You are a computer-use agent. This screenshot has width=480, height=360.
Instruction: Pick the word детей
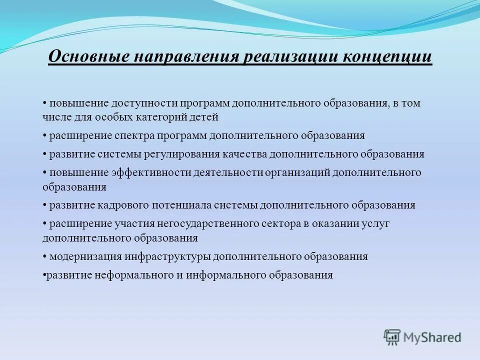[204, 117]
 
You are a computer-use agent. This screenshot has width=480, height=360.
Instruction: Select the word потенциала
[175, 205]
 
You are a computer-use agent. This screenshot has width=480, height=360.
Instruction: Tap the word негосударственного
[210, 223]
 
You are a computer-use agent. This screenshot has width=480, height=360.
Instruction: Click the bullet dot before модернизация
[45, 257]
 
